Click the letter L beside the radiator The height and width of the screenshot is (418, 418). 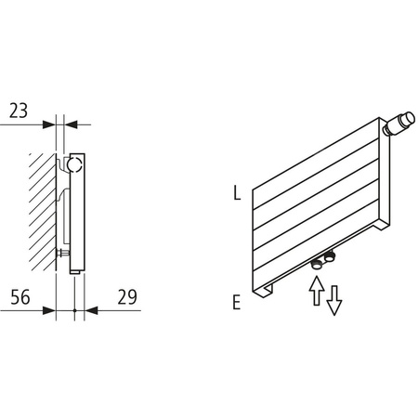[x=238, y=194]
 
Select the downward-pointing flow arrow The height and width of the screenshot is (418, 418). [x=333, y=300]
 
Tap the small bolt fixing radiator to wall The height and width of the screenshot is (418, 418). [x=61, y=251]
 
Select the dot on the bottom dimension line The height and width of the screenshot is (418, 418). [x=73, y=309]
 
